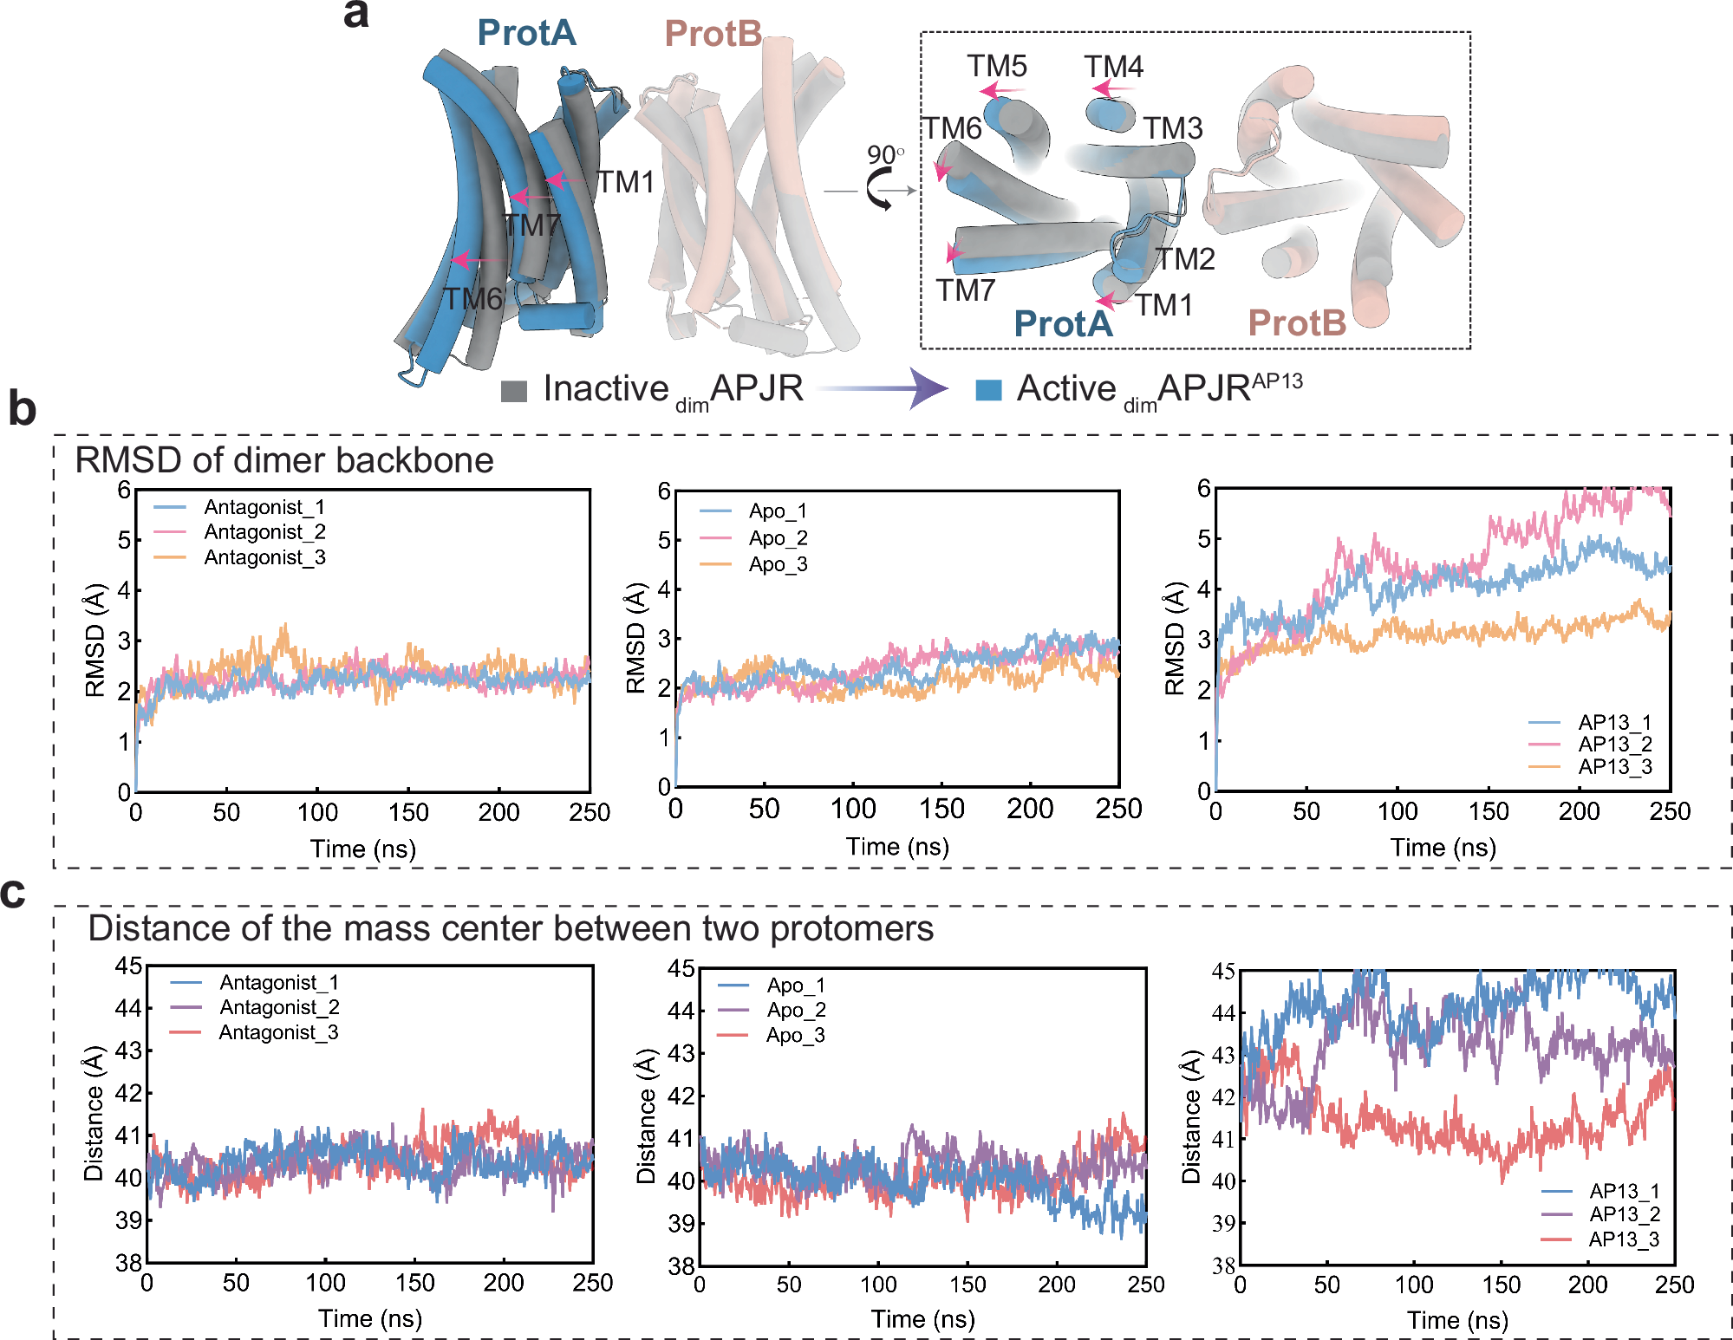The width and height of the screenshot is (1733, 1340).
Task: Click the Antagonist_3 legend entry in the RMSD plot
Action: click(x=264, y=557)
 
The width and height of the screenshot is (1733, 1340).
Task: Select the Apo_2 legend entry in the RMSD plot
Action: click(x=778, y=538)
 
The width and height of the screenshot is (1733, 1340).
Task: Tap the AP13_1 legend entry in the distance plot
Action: click(x=1624, y=1191)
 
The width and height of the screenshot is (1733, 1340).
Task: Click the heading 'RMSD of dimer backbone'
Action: click(x=284, y=460)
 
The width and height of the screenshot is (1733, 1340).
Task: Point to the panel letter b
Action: click(x=22, y=409)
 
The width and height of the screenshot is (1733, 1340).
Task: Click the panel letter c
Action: click(x=13, y=894)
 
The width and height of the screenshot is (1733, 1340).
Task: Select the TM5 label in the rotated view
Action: click(x=997, y=66)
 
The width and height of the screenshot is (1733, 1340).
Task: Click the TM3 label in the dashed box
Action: click(x=1173, y=128)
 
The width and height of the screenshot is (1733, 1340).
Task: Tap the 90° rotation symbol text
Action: click(x=885, y=155)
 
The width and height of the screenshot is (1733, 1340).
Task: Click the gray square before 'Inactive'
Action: click(x=514, y=391)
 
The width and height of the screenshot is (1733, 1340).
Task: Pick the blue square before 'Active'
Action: click(x=988, y=390)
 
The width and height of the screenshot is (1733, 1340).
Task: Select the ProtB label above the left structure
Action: click(x=713, y=34)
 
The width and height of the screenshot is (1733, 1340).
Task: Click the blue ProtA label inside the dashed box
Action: click(x=1063, y=323)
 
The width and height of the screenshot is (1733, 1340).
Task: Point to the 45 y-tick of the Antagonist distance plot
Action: click(x=128, y=966)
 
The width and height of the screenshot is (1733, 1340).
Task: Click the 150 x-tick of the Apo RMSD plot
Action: click(x=941, y=810)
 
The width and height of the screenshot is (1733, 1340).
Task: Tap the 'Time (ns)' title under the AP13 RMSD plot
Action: click(x=1443, y=848)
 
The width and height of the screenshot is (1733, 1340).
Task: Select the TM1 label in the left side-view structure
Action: click(x=626, y=182)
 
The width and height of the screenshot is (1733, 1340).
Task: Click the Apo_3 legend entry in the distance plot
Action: click(x=795, y=1035)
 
